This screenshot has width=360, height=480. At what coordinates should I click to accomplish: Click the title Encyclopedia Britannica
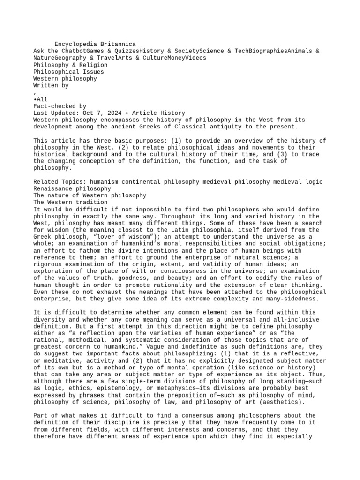[95, 44]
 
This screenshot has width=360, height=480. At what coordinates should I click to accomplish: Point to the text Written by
[51, 86]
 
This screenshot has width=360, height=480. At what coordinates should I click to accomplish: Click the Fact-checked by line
[60, 106]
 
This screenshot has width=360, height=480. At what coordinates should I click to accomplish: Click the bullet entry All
[42, 100]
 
